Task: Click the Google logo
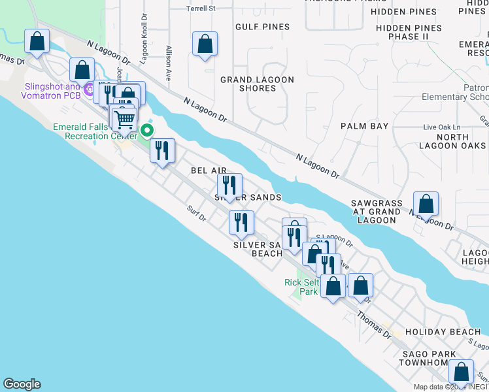click(x=22, y=384)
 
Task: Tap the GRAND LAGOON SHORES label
click(x=257, y=84)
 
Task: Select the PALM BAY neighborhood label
click(x=365, y=126)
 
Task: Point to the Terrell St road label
click(x=201, y=8)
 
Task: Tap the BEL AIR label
click(x=209, y=170)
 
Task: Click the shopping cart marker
click(x=124, y=119)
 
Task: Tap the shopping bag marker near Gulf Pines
click(x=205, y=44)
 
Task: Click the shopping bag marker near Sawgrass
click(x=426, y=204)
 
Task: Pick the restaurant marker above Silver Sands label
click(x=229, y=185)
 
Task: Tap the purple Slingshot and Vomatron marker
click(x=88, y=88)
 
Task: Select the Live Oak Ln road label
click(x=442, y=127)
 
